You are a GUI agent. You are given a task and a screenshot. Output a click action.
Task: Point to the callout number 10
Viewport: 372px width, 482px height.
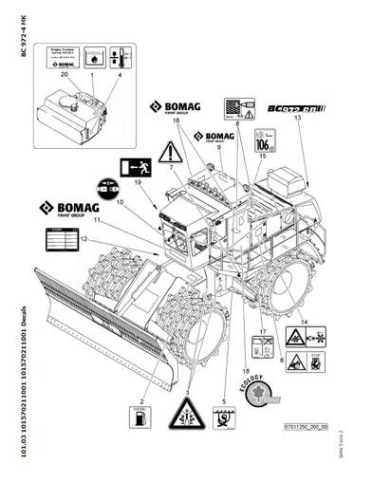pyautogui.click(x=121, y=201)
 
